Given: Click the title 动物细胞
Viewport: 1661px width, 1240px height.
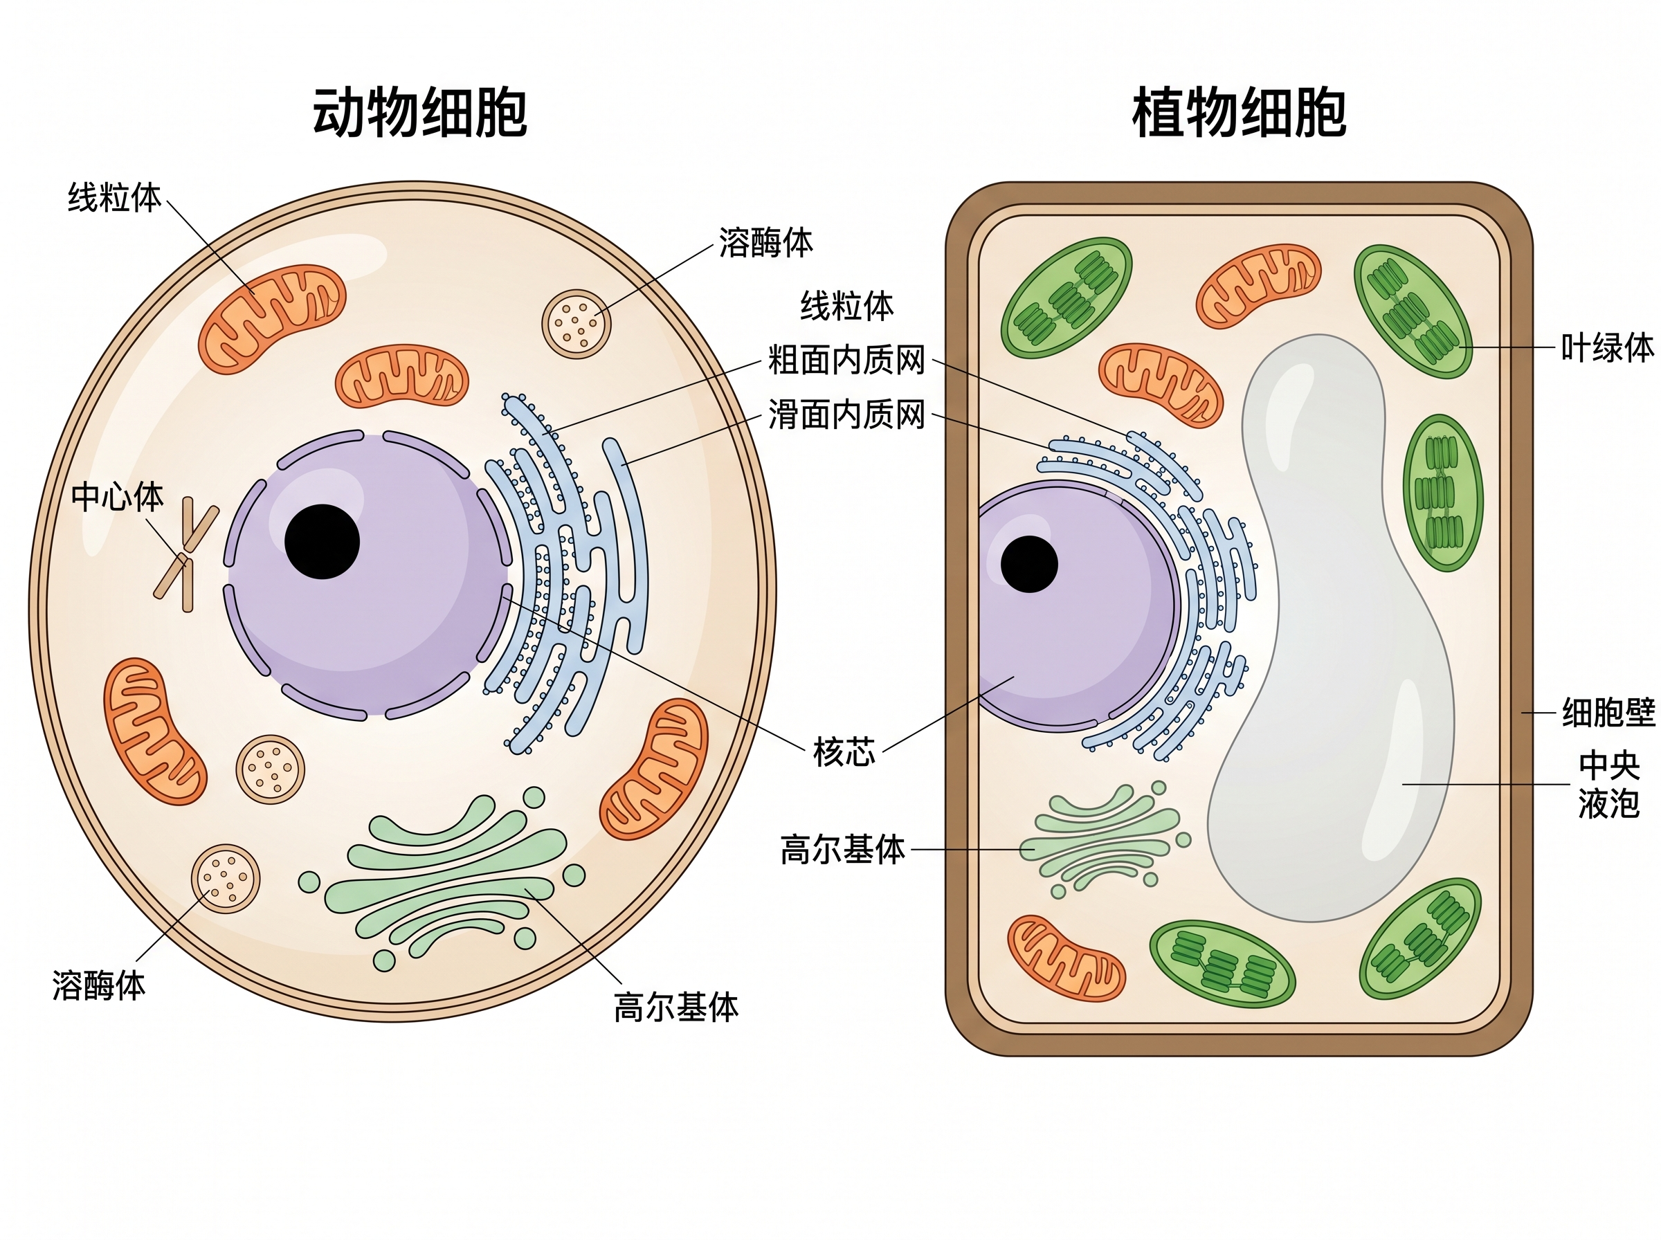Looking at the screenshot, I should click(419, 113).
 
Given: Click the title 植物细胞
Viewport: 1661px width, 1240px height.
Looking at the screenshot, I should click(1238, 113).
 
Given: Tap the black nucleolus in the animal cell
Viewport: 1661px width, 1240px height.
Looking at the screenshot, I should click(322, 541).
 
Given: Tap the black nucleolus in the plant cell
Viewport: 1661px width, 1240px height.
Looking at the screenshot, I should click(1029, 564).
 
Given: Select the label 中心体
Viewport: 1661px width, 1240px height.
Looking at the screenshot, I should click(117, 497).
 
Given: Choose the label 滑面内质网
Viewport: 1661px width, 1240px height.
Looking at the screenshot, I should click(846, 414).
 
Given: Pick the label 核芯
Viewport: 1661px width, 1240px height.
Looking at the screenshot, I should click(844, 751).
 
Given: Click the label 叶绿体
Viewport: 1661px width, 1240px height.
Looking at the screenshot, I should click(1608, 348).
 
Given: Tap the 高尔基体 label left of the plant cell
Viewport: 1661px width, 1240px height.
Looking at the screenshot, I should click(842, 850).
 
